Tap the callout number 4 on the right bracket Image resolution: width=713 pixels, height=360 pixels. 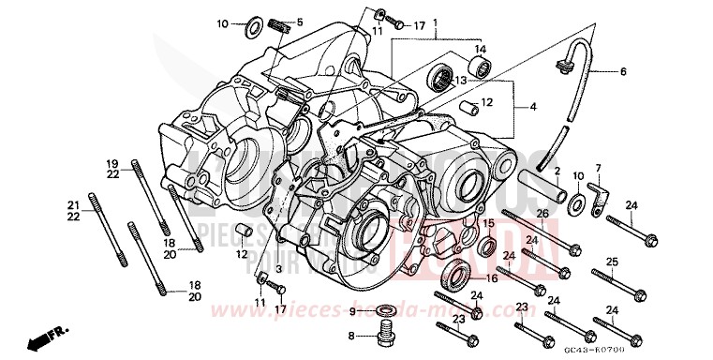[x=533, y=107]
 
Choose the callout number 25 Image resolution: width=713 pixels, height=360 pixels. [x=612, y=262]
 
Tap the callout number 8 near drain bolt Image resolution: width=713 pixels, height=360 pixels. [x=352, y=335]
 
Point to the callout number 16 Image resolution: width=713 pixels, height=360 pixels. [x=491, y=278]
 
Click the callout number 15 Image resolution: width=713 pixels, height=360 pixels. [x=488, y=223]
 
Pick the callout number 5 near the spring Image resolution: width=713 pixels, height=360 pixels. [x=300, y=22]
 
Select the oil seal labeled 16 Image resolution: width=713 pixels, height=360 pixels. [x=460, y=276]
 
